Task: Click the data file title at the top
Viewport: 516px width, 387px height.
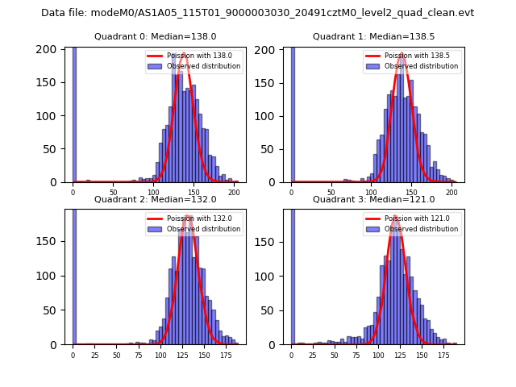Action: pos(257,13)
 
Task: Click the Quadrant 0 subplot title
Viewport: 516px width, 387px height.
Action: pos(156,36)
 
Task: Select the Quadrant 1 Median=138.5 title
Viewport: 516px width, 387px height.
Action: pos(373,36)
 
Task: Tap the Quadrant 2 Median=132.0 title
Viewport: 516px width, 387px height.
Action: pos(156,199)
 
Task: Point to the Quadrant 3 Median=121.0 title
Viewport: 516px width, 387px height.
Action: pos(373,199)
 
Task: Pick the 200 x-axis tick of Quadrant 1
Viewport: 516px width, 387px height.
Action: pos(451,193)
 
